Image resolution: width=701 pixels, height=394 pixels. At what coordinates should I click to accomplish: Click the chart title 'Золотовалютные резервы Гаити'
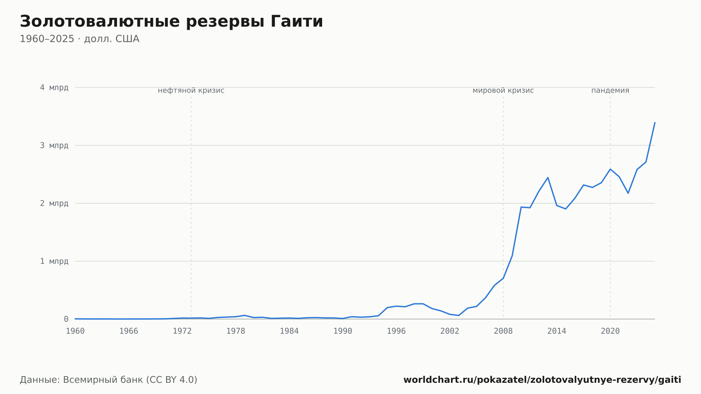[x=171, y=22]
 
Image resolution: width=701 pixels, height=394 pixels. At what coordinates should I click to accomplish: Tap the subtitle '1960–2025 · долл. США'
[x=80, y=39]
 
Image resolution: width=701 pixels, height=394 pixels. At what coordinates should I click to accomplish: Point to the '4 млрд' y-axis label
[x=54, y=87]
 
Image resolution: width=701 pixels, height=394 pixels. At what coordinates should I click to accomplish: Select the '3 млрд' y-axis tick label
[x=54, y=145]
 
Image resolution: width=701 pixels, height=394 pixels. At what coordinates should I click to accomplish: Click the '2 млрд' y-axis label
[x=54, y=203]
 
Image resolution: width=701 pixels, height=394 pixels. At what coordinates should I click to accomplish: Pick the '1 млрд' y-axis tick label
[x=54, y=261]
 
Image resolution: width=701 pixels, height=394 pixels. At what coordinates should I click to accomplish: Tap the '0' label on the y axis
[x=66, y=319]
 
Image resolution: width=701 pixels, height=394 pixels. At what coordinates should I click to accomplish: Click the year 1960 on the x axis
[x=75, y=331]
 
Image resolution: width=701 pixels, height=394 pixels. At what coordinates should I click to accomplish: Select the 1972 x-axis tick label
[x=182, y=331]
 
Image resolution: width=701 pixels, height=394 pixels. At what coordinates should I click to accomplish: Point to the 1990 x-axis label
[x=343, y=331]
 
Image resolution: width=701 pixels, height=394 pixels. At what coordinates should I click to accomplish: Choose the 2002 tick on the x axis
[x=450, y=331]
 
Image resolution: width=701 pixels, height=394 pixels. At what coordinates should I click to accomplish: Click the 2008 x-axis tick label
[x=503, y=331]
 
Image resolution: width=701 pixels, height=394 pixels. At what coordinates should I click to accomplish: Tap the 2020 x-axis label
[x=610, y=331]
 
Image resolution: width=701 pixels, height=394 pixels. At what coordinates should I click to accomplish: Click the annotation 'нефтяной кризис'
[x=191, y=90]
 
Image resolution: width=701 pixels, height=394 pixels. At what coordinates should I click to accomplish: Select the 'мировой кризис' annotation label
[x=503, y=90]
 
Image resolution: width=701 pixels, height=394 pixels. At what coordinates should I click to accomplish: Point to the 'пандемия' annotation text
[x=610, y=90]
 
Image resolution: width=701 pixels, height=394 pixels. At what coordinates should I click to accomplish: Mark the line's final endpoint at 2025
[x=655, y=122]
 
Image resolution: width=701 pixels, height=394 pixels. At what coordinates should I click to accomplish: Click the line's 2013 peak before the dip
[x=548, y=177]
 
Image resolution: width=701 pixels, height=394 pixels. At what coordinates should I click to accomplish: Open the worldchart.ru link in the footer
[x=542, y=380]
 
